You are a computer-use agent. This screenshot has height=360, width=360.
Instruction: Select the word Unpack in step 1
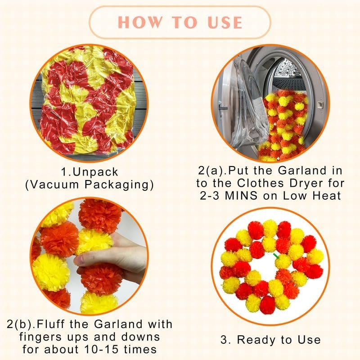click(95, 172)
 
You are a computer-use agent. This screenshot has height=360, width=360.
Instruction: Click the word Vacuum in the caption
click(54, 184)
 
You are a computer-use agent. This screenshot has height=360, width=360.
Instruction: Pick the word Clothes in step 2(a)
click(261, 183)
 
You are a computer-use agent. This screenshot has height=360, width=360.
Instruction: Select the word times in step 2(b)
click(140, 350)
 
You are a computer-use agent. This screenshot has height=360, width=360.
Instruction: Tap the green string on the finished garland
click(276, 256)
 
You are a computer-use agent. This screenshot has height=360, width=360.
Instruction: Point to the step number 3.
click(224, 340)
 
